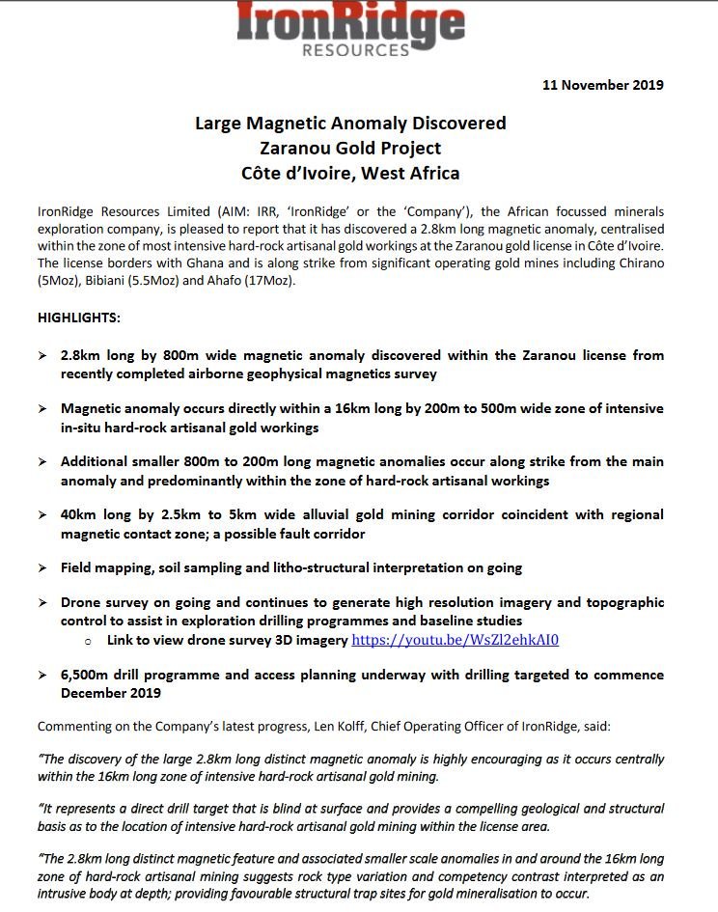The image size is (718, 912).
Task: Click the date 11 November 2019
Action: pyautogui.click(x=603, y=85)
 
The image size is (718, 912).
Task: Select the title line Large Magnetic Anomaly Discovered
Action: pyautogui.click(x=350, y=124)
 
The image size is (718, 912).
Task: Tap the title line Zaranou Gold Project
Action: pyautogui.click(x=350, y=149)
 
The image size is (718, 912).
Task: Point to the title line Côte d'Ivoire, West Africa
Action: pyautogui.click(x=350, y=174)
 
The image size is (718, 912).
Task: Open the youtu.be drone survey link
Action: pyautogui.click(x=456, y=640)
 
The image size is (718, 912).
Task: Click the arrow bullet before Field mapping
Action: pyautogui.click(x=42, y=568)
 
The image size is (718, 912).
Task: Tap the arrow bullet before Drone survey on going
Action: pyautogui.click(x=42, y=603)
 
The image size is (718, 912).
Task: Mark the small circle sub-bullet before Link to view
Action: pyautogui.click(x=88, y=641)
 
